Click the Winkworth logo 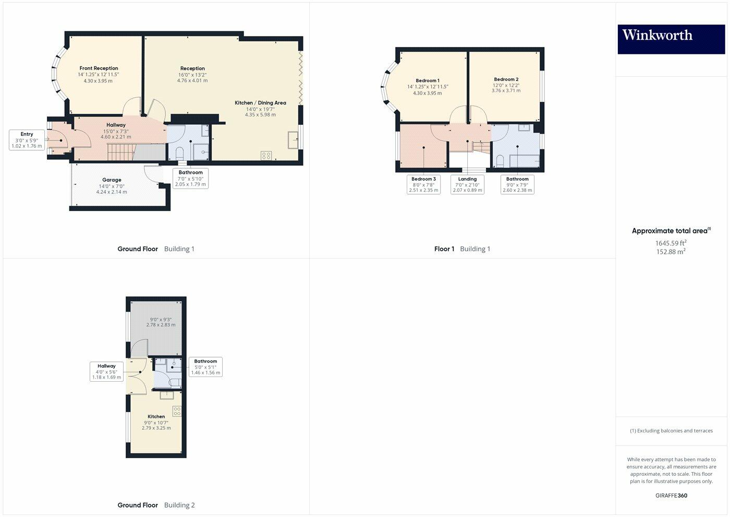point(671,39)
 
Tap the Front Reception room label point(99,68)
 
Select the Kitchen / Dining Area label point(260,103)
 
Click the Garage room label point(112,180)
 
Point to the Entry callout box point(27,140)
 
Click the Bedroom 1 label point(427,81)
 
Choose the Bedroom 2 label point(506,79)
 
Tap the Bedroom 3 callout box point(423,184)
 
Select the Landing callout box point(467,184)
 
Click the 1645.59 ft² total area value point(671,243)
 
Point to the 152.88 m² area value point(671,252)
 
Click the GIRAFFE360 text point(671,496)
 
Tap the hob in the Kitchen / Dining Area point(266,155)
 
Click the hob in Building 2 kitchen point(177,411)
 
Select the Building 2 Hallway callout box point(107,371)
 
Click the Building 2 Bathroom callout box point(205,367)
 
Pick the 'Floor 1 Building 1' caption point(462,249)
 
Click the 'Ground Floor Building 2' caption point(156,505)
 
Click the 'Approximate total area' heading point(671,231)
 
